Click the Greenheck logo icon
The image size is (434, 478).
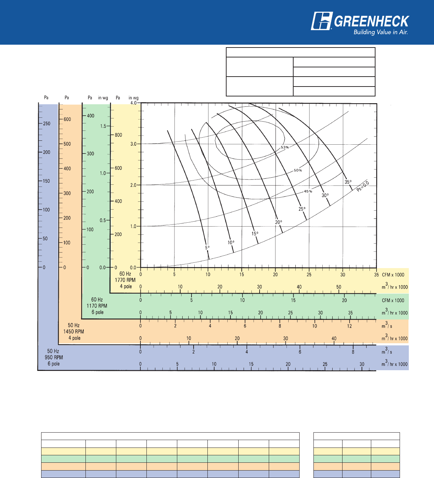321,21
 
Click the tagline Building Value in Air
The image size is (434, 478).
380,32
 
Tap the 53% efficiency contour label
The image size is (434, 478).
285,147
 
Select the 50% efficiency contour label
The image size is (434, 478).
298,170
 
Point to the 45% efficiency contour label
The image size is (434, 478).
308,191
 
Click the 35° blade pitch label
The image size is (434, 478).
348,182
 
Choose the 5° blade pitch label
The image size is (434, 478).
207,248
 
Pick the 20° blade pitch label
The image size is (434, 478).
279,222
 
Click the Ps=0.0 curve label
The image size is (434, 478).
363,186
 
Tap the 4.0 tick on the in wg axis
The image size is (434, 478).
133,103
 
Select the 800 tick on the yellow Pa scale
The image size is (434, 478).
118,135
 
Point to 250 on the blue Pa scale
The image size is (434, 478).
46,124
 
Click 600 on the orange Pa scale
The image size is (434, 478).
67,119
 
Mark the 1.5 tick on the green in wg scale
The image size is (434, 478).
103,126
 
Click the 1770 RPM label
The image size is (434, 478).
125,280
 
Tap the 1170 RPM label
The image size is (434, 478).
97,306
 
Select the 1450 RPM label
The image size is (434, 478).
74,332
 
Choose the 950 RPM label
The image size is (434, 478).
54,357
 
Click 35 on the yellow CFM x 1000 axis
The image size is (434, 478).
376,274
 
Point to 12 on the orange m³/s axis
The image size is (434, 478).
350,326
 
